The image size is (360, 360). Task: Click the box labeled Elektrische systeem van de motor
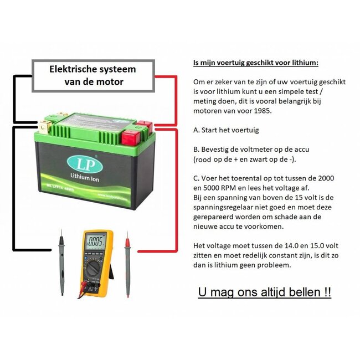pos(92,76)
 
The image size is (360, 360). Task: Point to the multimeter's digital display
pos(96,241)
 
